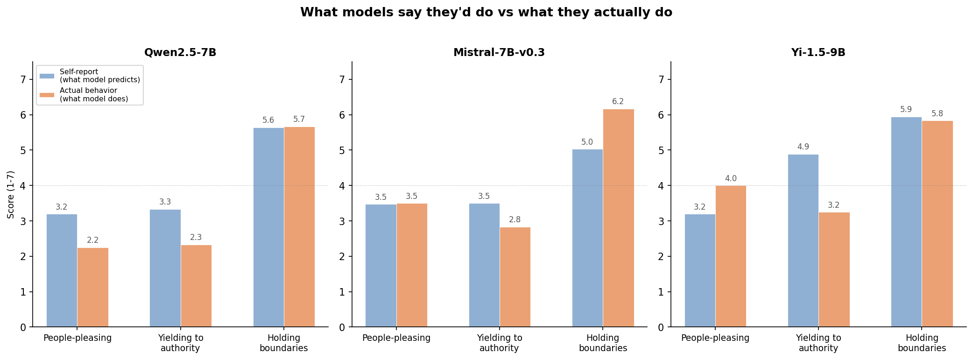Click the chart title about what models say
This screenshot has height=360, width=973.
coord(486,13)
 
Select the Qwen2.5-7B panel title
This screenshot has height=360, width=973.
coord(180,53)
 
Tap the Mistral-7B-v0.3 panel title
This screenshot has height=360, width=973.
coord(499,53)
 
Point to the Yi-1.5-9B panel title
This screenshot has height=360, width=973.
coord(818,53)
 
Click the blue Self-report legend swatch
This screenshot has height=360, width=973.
coord(47,76)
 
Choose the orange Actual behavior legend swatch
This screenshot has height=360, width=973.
coord(47,95)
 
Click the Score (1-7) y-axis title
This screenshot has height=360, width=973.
coord(11,194)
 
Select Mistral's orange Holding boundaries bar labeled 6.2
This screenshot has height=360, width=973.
coord(618,218)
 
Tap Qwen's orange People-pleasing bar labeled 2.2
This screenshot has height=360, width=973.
coord(93,287)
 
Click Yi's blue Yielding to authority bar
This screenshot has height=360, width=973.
coord(803,240)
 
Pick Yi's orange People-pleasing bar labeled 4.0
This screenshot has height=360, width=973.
coord(731,256)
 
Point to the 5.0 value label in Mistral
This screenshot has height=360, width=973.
coord(587,142)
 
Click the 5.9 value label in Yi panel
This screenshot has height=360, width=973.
coord(906,110)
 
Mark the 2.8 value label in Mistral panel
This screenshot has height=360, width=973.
coord(515,220)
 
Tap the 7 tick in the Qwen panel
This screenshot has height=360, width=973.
coord(23,79)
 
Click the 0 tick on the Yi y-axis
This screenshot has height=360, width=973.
coord(661,327)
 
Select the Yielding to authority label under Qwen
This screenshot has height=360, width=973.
coord(180,343)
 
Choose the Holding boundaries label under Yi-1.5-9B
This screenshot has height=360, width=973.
coord(922,343)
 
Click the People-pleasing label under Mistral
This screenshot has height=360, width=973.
coord(396,338)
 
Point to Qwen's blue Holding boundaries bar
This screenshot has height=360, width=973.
coord(268,227)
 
